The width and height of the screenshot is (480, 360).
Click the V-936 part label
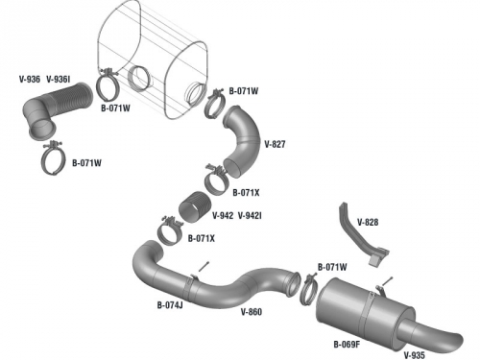(x=30, y=79)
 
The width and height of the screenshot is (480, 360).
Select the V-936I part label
(x=59, y=79)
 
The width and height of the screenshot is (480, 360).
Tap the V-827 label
(x=275, y=144)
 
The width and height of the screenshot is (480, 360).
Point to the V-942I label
(x=250, y=216)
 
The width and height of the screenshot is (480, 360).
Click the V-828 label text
(x=368, y=222)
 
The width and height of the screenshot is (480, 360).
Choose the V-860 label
(x=252, y=312)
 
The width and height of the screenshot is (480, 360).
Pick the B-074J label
(x=170, y=305)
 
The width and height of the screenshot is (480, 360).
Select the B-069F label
(x=347, y=345)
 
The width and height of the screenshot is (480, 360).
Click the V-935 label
(x=415, y=355)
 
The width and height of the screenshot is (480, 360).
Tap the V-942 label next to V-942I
(x=223, y=216)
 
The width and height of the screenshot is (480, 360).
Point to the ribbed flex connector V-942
(x=195, y=207)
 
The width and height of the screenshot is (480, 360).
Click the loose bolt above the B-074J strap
(x=204, y=266)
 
